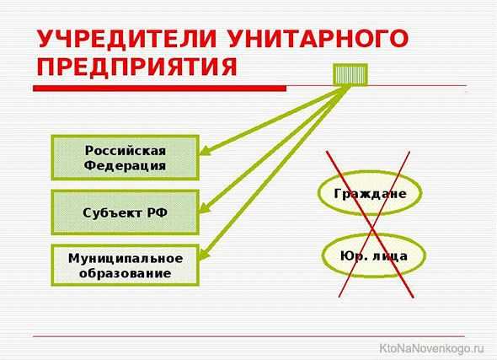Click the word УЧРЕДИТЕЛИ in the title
pos(127,39)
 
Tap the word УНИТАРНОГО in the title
pos(318,39)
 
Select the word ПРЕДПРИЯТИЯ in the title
pos(137,67)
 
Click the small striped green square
pos(350,74)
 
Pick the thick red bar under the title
pos(160,89)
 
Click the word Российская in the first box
pos(126,150)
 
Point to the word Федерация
pos(125,165)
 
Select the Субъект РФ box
pos(126,212)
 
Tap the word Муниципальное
pos(126,259)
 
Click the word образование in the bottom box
pos(126,273)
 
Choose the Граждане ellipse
pos(370,193)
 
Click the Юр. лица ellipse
pos(373,255)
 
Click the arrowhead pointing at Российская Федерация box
pos(206,150)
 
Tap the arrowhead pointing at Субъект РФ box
pos(205,207)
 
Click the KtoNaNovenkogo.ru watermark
pos(431,348)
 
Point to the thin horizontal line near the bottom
pos(248,336)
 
